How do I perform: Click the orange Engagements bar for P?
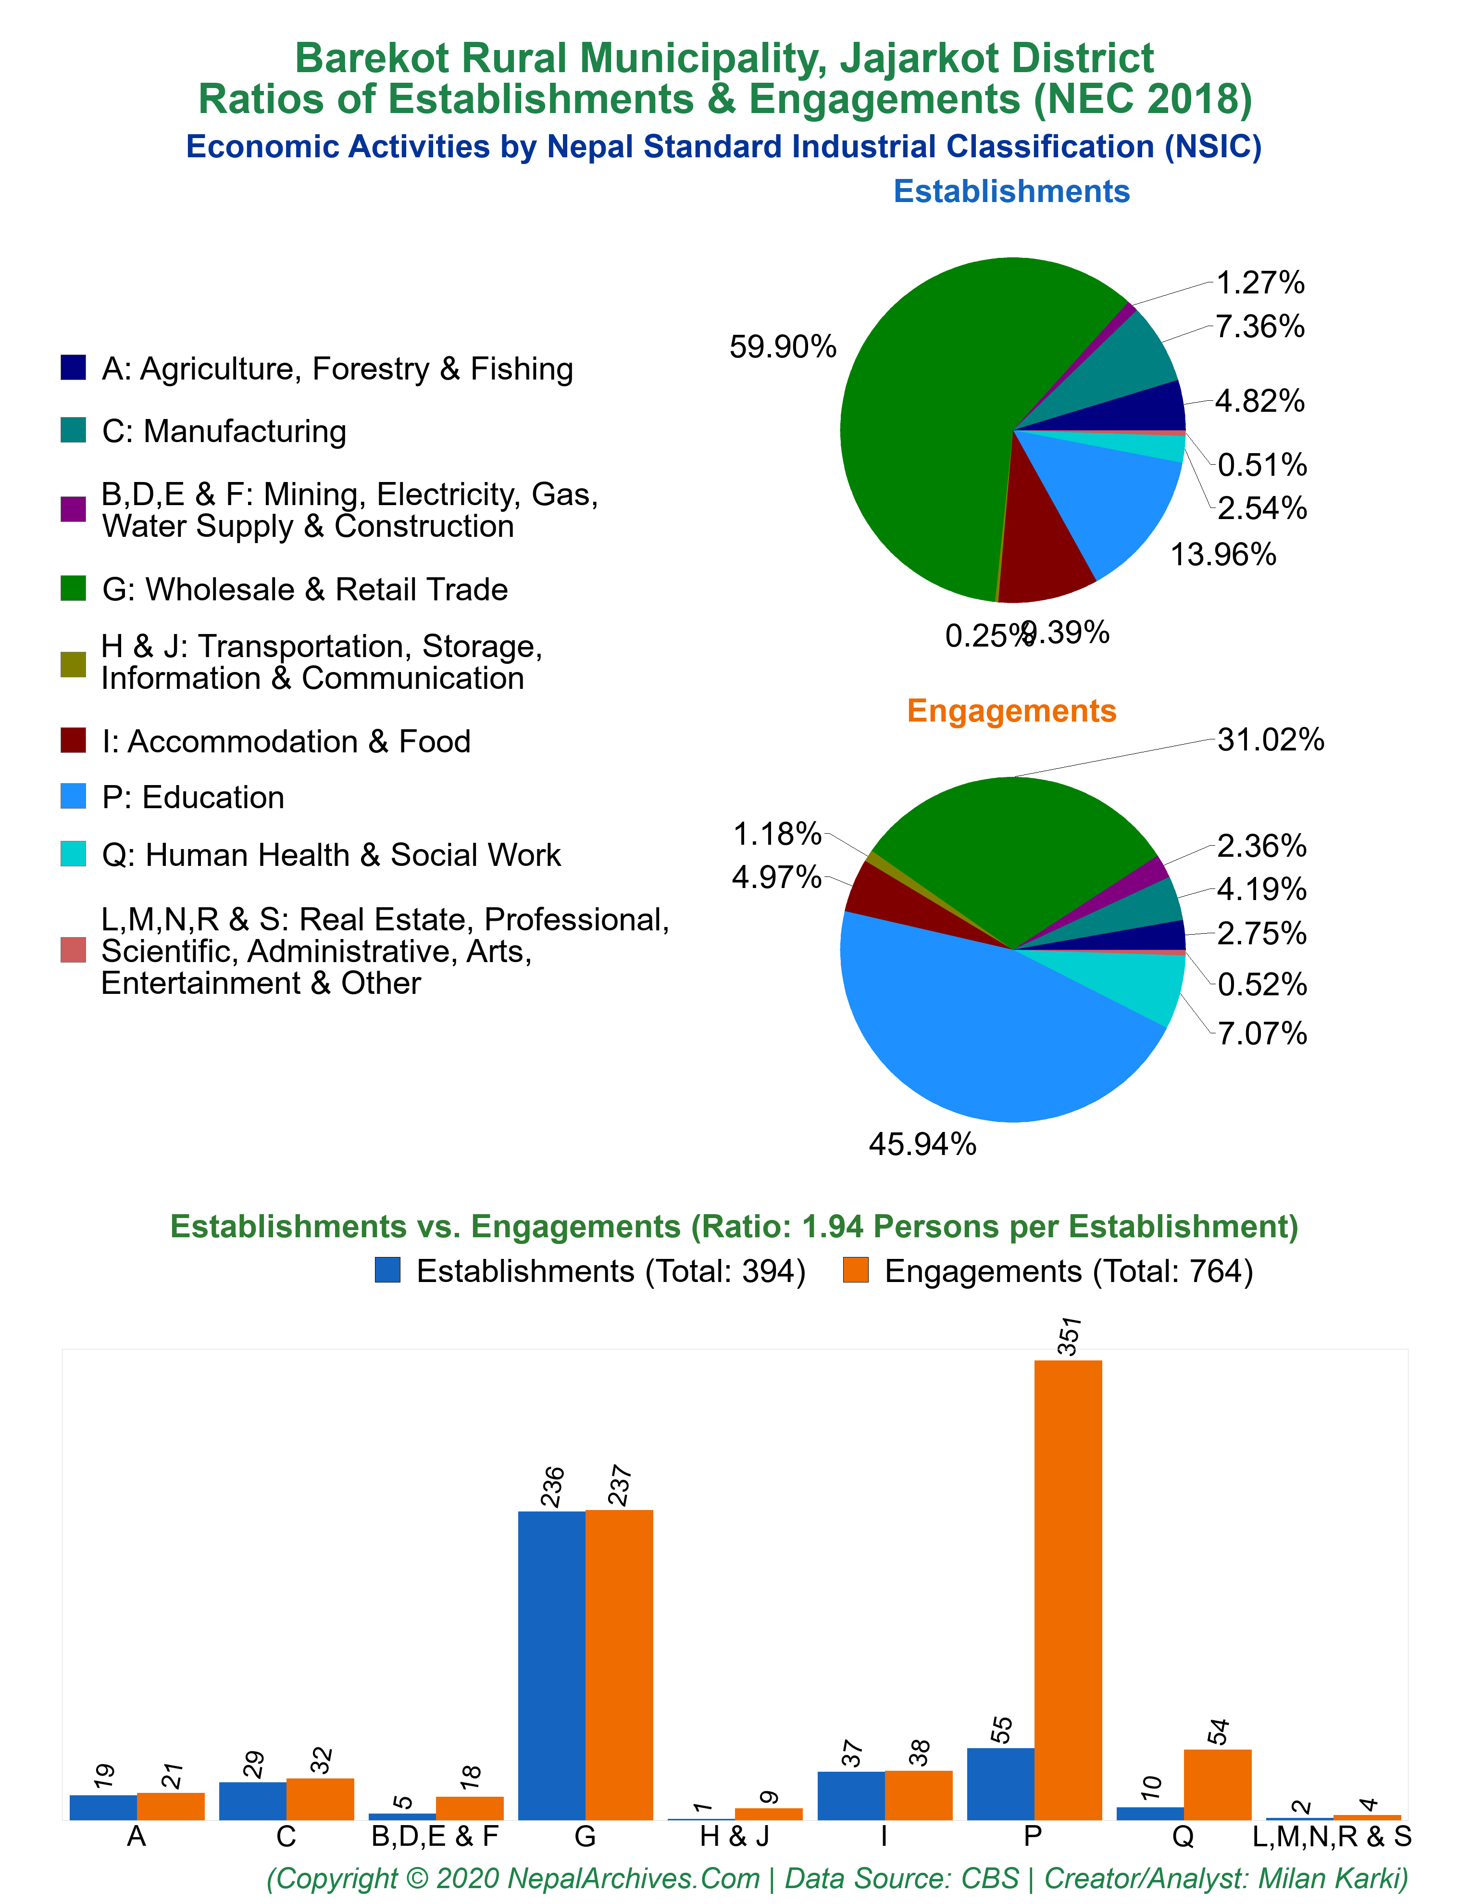1068,1590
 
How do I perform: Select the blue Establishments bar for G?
552,1665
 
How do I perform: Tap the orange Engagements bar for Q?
1218,1784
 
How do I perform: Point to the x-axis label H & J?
734,1837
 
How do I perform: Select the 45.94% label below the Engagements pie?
922,1144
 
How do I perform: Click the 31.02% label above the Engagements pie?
1271,740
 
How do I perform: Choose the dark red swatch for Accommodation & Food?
73,741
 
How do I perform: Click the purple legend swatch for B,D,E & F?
73,509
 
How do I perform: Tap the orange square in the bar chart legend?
856,1270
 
